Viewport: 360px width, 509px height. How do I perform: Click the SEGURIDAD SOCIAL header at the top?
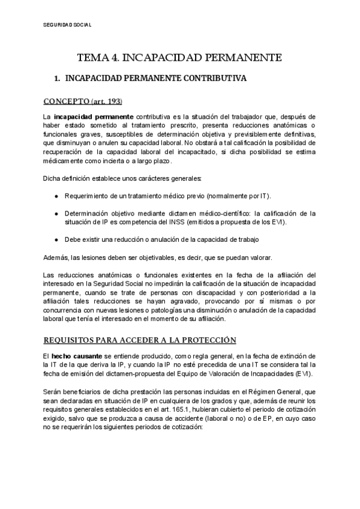tap(68, 25)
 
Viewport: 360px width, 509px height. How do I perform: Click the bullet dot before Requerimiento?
tap(56, 196)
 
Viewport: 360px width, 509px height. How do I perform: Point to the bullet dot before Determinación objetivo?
tap(56, 213)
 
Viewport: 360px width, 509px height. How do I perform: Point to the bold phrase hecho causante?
tap(77, 356)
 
